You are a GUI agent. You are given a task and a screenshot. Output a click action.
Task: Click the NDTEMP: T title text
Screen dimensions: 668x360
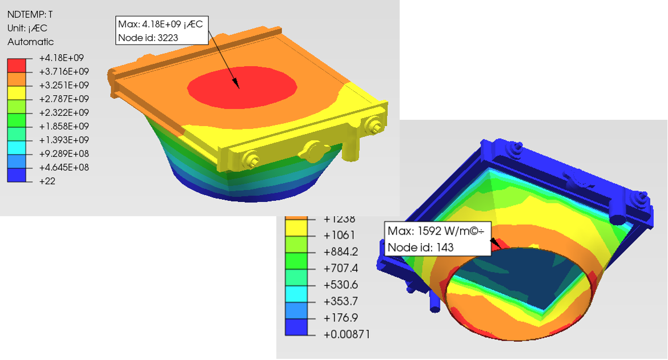click(30, 14)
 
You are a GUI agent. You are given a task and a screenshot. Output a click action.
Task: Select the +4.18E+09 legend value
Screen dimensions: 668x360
click(61, 58)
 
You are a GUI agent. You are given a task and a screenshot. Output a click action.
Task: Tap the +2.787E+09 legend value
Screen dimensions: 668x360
click(64, 99)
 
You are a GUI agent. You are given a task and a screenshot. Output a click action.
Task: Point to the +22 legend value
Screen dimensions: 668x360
click(47, 181)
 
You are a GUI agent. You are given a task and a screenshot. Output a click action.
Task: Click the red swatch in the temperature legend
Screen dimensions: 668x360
click(17, 65)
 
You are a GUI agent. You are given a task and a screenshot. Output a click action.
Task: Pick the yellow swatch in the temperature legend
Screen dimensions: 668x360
click(17, 92)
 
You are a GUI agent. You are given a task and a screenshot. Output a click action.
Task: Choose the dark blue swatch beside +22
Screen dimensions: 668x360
click(17, 175)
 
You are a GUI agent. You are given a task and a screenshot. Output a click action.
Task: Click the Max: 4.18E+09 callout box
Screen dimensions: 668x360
click(162, 31)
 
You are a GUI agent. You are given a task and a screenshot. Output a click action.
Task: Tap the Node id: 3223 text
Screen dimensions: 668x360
click(148, 38)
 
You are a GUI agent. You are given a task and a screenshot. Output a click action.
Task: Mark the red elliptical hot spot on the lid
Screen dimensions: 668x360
click(242, 87)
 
